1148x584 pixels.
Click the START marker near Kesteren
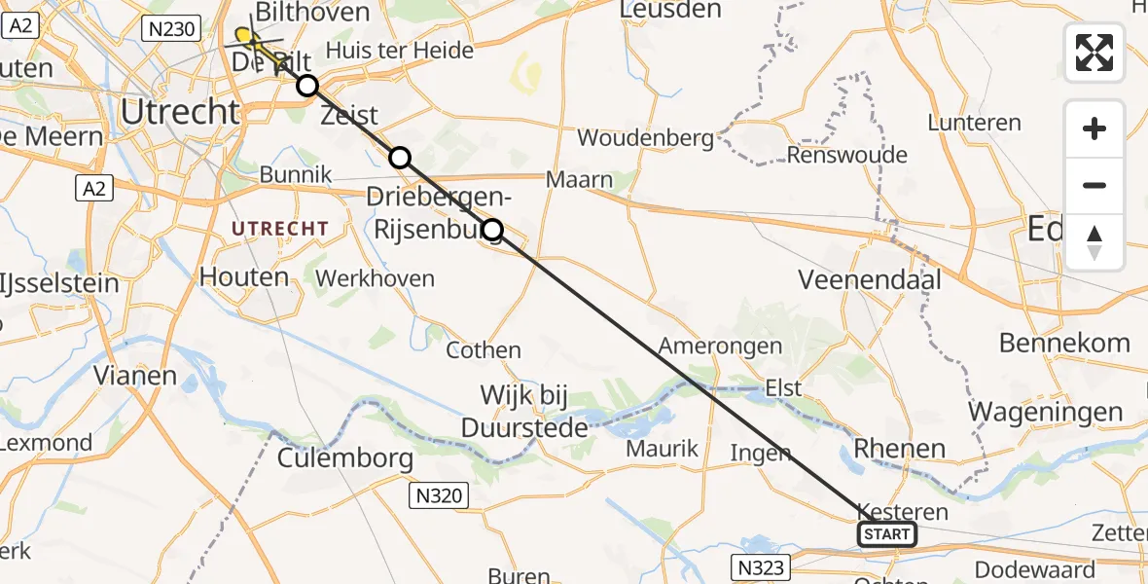886,534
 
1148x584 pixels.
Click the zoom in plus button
1094,128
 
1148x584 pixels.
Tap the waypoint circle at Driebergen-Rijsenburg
492,230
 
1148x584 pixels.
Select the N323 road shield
758,566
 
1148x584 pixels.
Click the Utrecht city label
180,112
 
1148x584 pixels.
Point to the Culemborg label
345,457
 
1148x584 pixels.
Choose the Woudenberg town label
645,138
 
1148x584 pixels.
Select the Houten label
244,277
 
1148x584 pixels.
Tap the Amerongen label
720,347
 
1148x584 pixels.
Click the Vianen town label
134,376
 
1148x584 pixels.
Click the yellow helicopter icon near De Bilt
246,38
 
